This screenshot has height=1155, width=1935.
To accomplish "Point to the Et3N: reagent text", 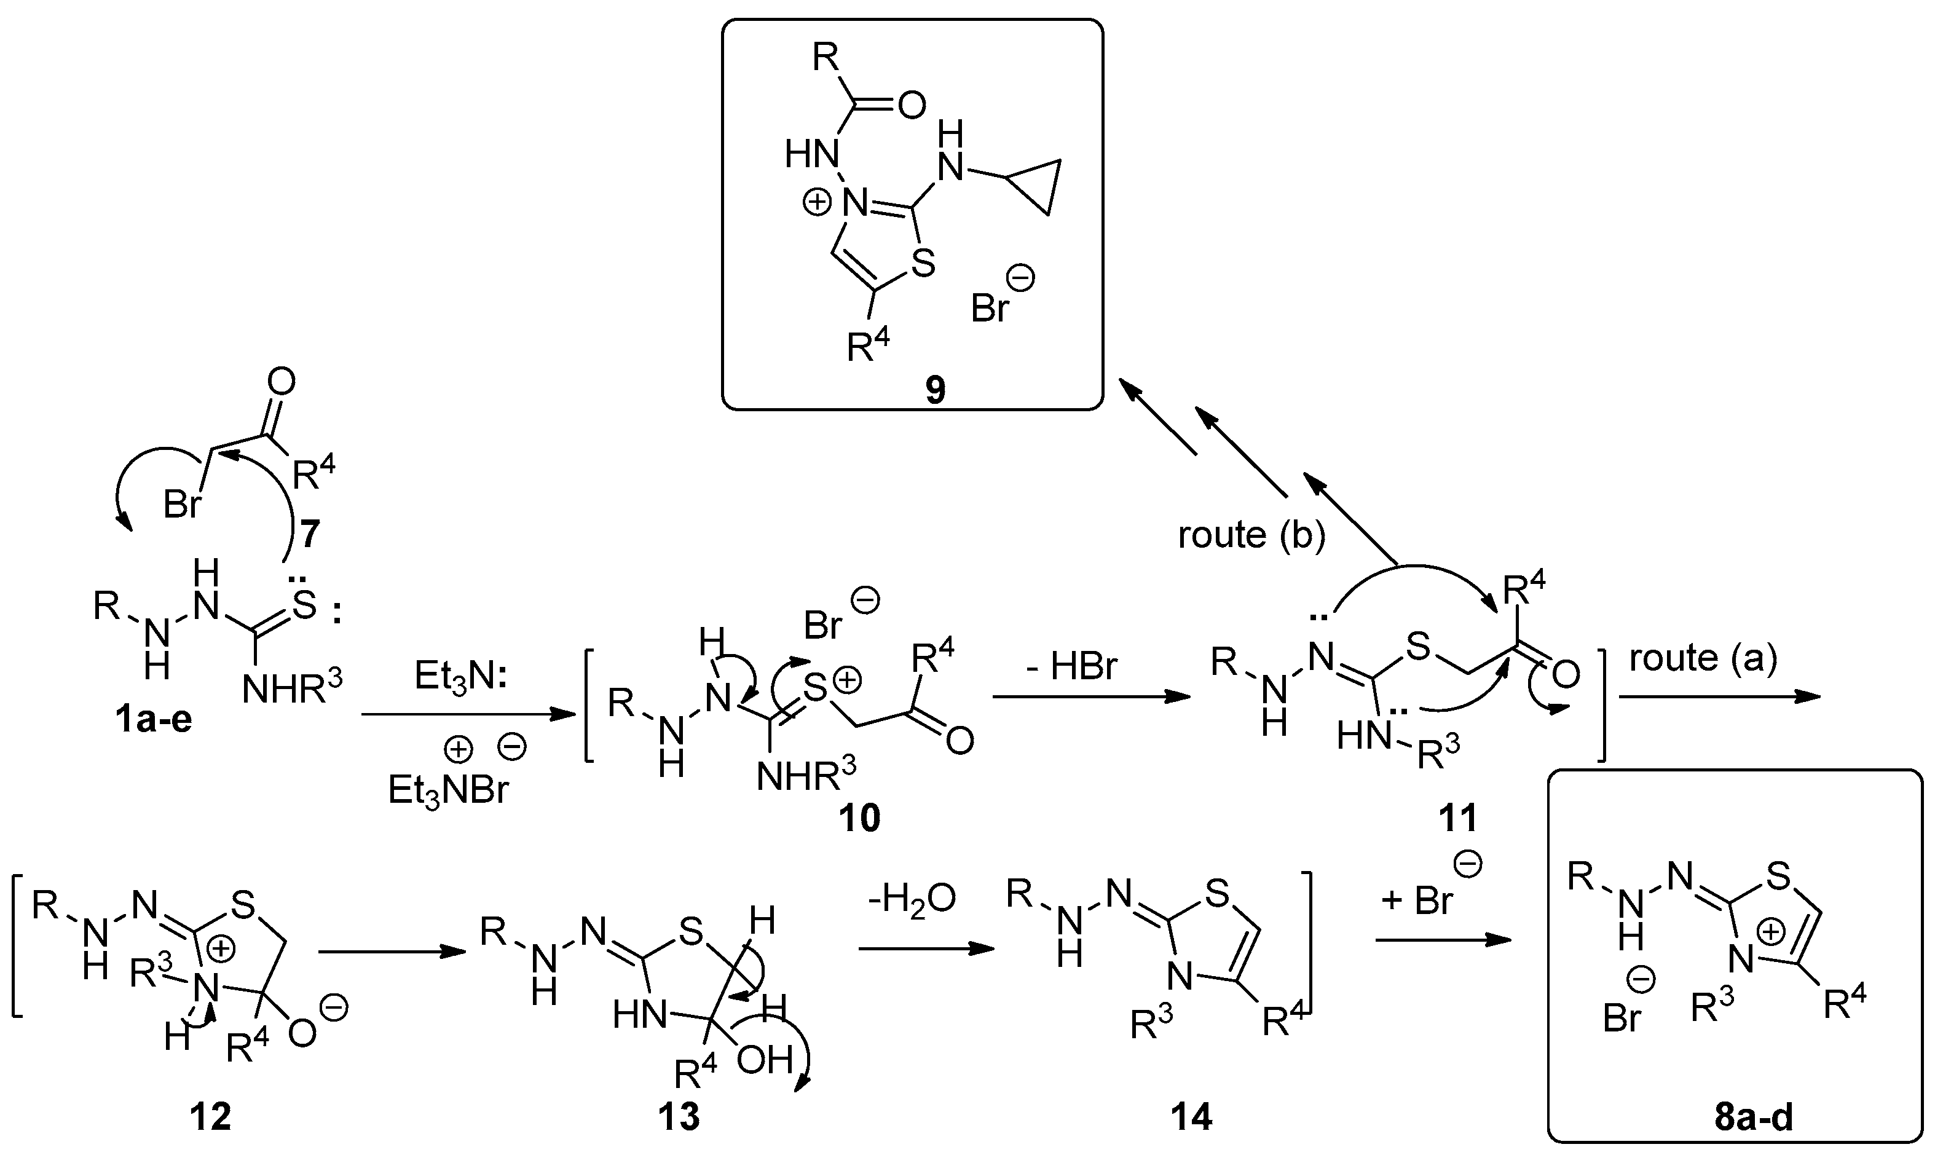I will point(460,676).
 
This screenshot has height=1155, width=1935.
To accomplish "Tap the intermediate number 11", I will point(1457,818).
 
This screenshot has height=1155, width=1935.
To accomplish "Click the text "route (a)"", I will point(1703,658).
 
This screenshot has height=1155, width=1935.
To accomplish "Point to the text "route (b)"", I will point(1251,535).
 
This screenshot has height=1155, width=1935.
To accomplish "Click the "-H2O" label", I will point(913,901).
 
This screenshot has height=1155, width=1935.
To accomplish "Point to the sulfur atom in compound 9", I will point(923,264).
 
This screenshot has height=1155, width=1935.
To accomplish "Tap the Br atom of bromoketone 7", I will point(182,504).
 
